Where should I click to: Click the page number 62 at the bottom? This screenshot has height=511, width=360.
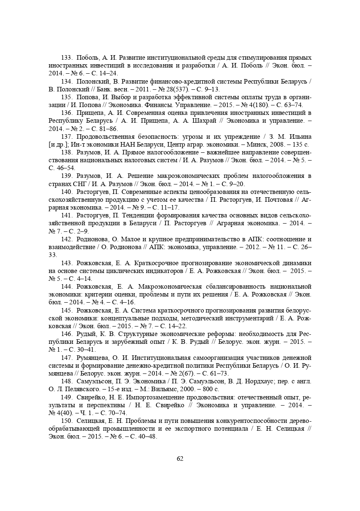pyautogui.click(x=180, y=459)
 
